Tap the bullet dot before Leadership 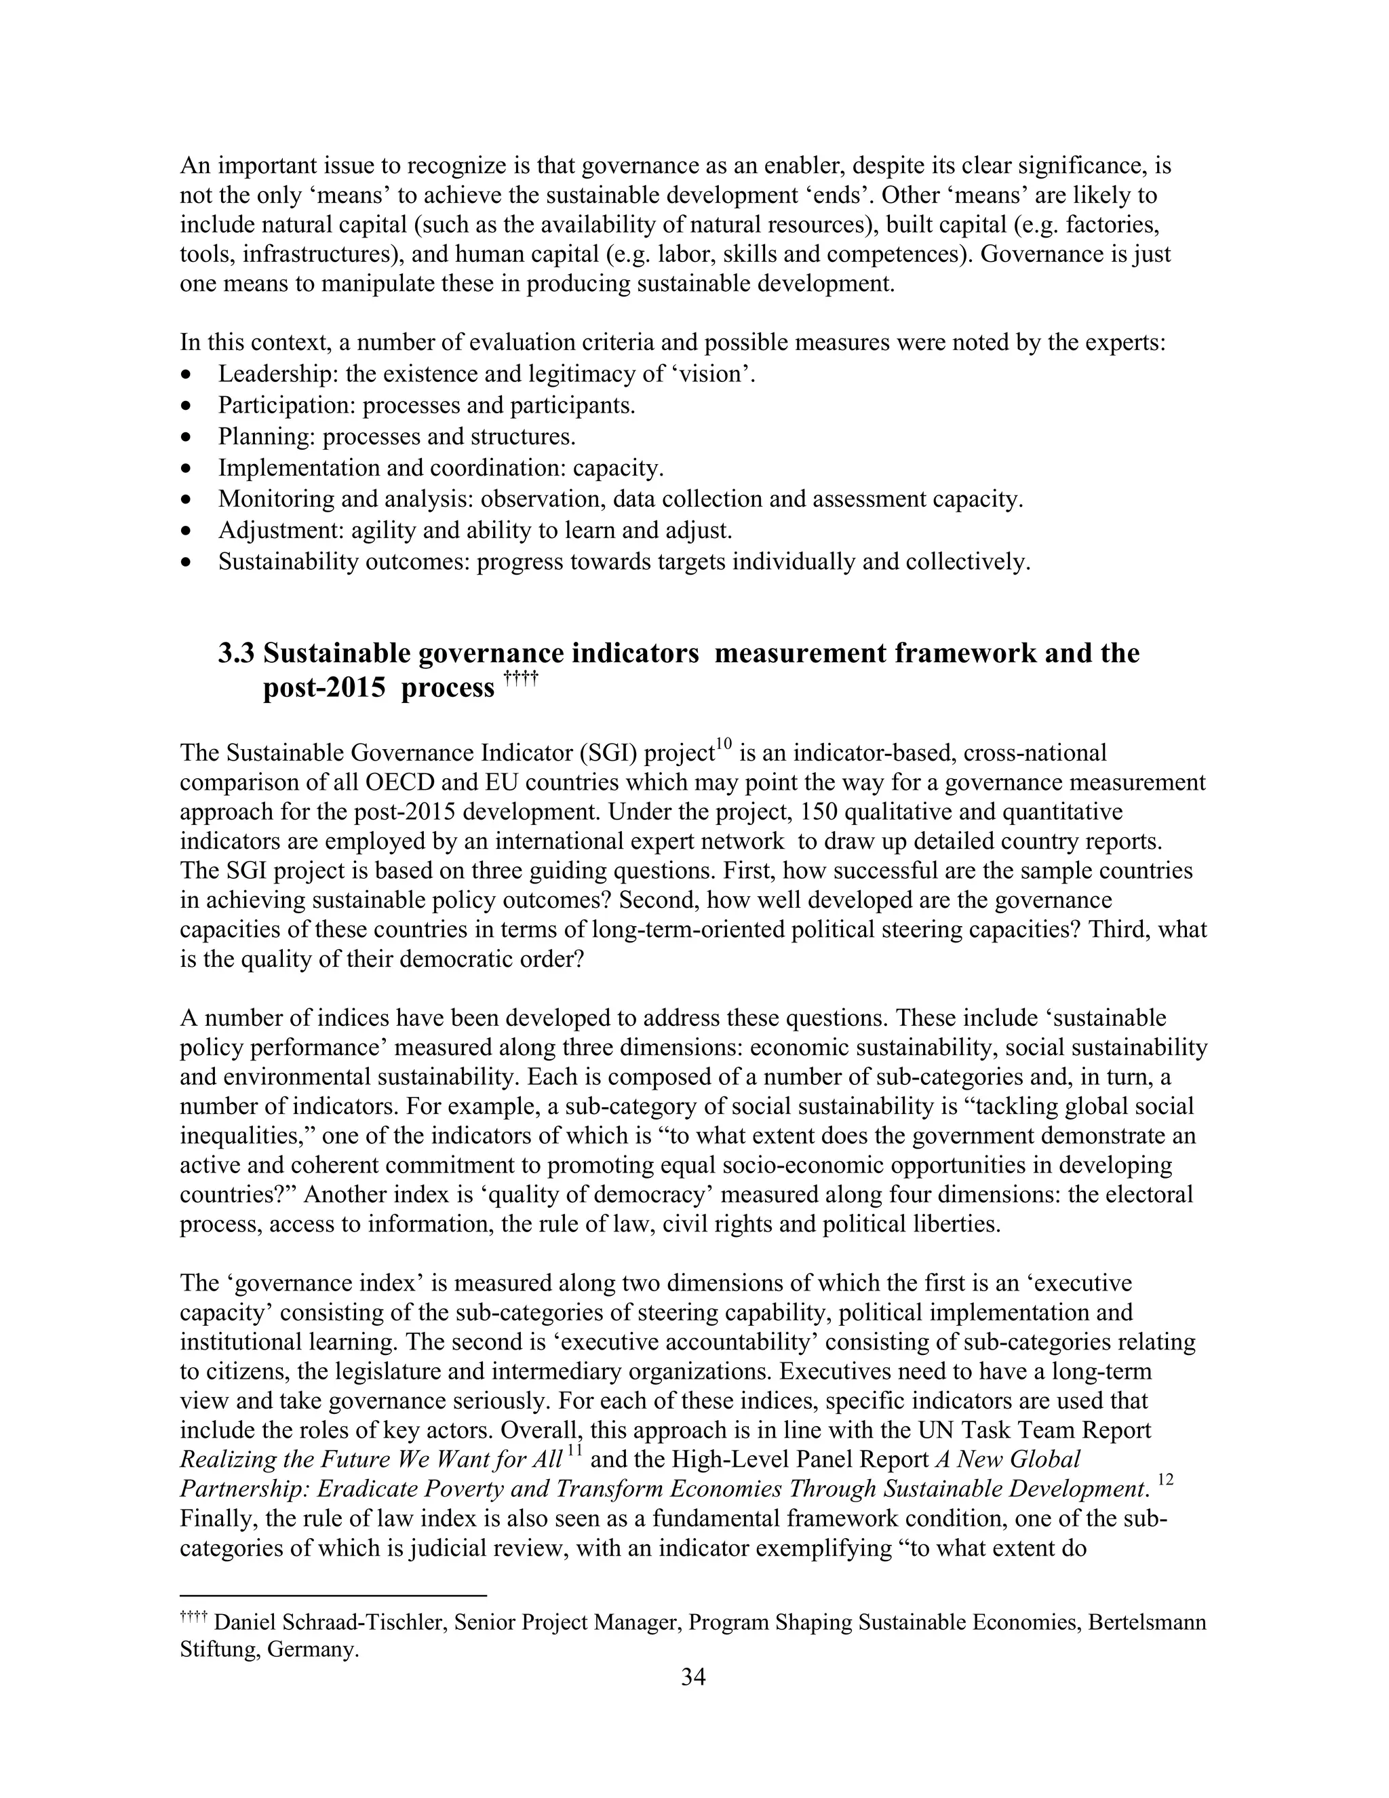188,375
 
